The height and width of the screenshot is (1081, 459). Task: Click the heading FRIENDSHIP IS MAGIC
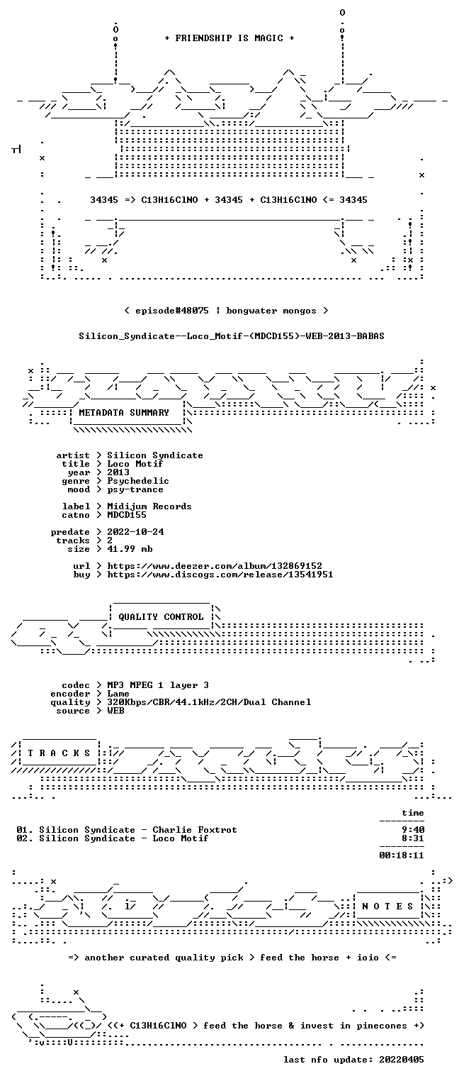click(229, 38)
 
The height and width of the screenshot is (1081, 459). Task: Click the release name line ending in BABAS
click(232, 336)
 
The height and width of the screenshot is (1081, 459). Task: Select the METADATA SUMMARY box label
click(124, 413)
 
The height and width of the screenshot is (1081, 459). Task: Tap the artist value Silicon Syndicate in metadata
click(154, 455)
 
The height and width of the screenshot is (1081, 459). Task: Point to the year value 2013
click(118, 472)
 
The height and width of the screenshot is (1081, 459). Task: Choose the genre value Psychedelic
click(138, 481)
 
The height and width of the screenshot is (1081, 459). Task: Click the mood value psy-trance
click(135, 489)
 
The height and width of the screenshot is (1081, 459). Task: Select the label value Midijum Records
click(149, 506)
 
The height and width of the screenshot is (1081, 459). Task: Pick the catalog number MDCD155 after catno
click(126, 515)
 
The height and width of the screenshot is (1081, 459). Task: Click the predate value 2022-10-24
click(135, 532)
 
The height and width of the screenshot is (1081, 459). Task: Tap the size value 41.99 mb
click(130, 549)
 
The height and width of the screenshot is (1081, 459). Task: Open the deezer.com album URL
click(215, 565)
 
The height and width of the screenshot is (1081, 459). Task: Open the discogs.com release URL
click(220, 575)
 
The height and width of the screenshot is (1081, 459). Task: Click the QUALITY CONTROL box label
click(161, 616)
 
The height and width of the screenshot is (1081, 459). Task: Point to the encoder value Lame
click(118, 694)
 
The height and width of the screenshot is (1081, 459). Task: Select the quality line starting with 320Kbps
click(209, 702)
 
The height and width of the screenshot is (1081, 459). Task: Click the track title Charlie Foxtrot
click(195, 830)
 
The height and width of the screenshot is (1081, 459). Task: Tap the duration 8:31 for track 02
click(413, 838)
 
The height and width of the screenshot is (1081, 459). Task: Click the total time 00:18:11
click(402, 855)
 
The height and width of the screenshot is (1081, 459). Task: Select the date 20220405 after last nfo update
click(402, 1059)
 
